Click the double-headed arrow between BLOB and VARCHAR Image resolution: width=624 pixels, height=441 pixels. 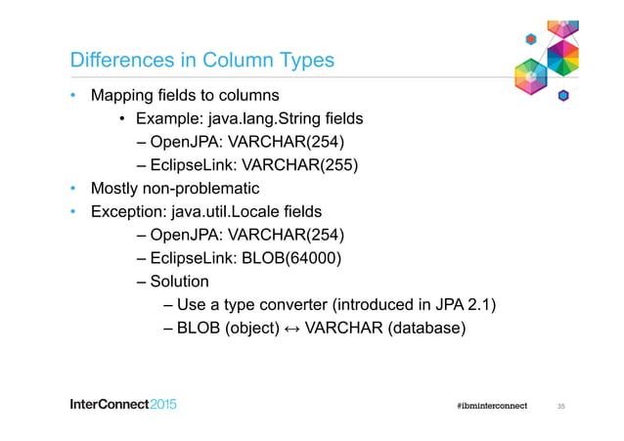point(290,329)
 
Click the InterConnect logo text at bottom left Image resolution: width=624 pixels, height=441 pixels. point(123,405)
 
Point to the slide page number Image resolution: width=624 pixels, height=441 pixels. point(561,406)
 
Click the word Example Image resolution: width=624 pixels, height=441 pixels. point(167,119)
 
